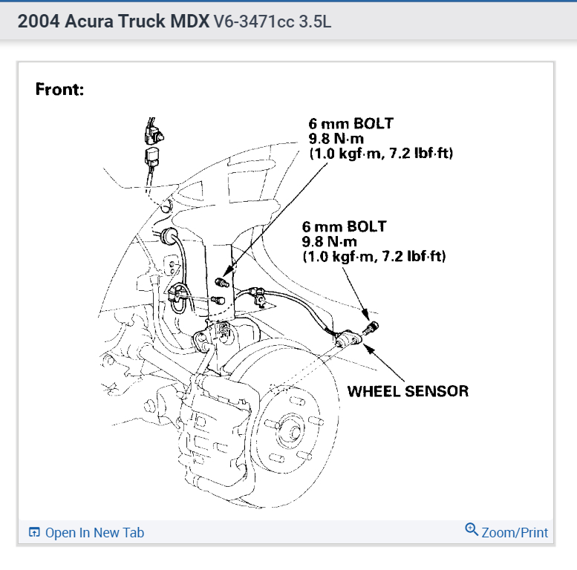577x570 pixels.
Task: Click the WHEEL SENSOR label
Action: (x=408, y=390)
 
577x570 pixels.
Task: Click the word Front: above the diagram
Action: (x=60, y=90)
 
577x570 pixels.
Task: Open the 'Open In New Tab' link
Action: (x=94, y=533)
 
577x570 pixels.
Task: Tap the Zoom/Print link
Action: (x=515, y=533)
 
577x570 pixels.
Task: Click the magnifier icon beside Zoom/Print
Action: (x=472, y=530)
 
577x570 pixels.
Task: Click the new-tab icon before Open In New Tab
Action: (x=34, y=533)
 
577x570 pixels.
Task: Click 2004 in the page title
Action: (x=38, y=22)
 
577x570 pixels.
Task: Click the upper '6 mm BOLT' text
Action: (x=351, y=124)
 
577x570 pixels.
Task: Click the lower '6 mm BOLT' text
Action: (x=344, y=226)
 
